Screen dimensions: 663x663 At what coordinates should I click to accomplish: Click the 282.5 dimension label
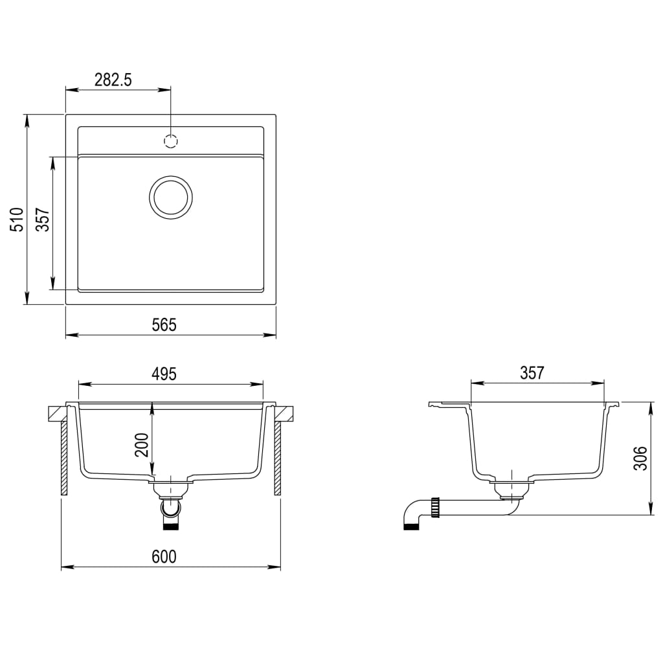tap(113, 80)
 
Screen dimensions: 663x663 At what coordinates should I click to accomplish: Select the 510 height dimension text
tap(17, 219)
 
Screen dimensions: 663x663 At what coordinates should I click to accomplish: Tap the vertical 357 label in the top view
tap(42, 219)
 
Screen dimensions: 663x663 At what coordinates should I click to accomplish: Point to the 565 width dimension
tap(164, 324)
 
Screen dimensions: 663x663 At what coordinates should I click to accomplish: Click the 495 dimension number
tap(164, 374)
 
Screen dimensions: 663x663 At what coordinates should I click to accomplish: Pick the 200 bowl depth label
tap(142, 445)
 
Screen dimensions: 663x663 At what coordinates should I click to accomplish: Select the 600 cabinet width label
tap(164, 556)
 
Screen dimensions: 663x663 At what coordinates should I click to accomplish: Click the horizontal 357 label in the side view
tap(532, 373)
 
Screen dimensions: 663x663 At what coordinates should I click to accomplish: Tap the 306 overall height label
tap(640, 459)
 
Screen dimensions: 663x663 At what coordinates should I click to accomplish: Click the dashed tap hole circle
tap(171, 140)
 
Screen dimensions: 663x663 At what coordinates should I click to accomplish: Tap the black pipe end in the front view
tap(170, 527)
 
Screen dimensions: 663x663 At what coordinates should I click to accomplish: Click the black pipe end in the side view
tap(410, 526)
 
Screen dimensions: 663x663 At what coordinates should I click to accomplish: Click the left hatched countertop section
tap(57, 412)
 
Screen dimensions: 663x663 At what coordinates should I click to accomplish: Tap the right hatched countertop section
tap(285, 412)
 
